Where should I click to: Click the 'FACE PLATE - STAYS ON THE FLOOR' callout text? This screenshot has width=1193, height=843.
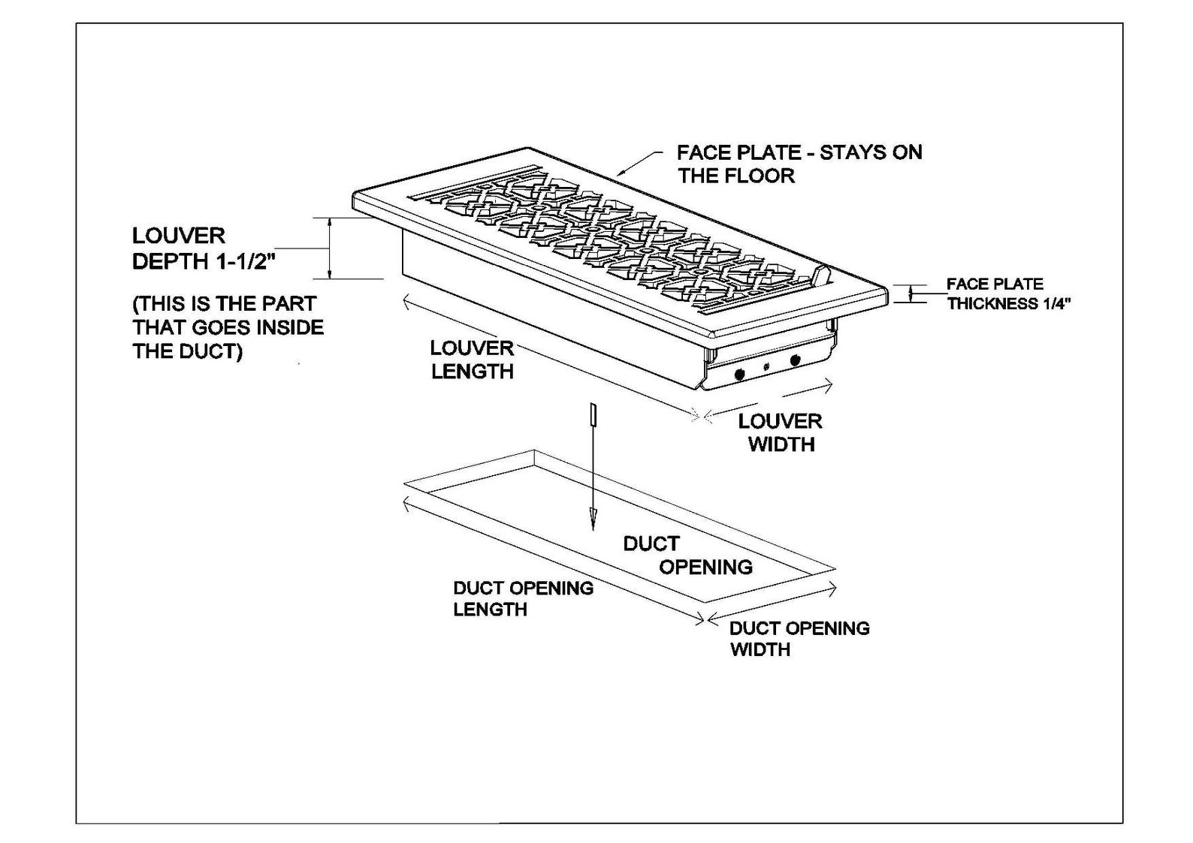tap(799, 164)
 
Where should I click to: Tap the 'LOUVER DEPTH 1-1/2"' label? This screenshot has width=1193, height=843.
tap(200, 248)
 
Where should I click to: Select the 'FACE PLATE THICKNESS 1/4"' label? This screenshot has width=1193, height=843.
tap(1008, 294)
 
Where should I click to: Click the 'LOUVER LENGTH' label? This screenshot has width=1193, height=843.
tap(472, 360)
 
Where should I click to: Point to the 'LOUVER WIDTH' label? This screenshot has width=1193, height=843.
tap(781, 432)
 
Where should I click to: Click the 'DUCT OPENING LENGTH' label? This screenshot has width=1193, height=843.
tap(523, 599)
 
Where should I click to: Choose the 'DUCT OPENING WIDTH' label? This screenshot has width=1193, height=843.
tap(799, 639)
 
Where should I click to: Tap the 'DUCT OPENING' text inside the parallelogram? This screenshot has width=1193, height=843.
tap(687, 555)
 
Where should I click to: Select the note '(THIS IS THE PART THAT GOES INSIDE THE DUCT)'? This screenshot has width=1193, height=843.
tap(228, 327)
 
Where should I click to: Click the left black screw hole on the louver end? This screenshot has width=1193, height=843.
tap(739, 375)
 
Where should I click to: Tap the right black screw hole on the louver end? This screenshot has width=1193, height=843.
tap(795, 361)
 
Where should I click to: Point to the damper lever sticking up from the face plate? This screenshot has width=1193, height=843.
tap(820, 275)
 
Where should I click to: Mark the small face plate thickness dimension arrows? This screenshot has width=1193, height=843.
tap(911, 294)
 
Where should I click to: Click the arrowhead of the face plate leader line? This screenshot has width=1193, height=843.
tap(621, 173)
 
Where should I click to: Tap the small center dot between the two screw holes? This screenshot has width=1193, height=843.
tap(767, 366)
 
